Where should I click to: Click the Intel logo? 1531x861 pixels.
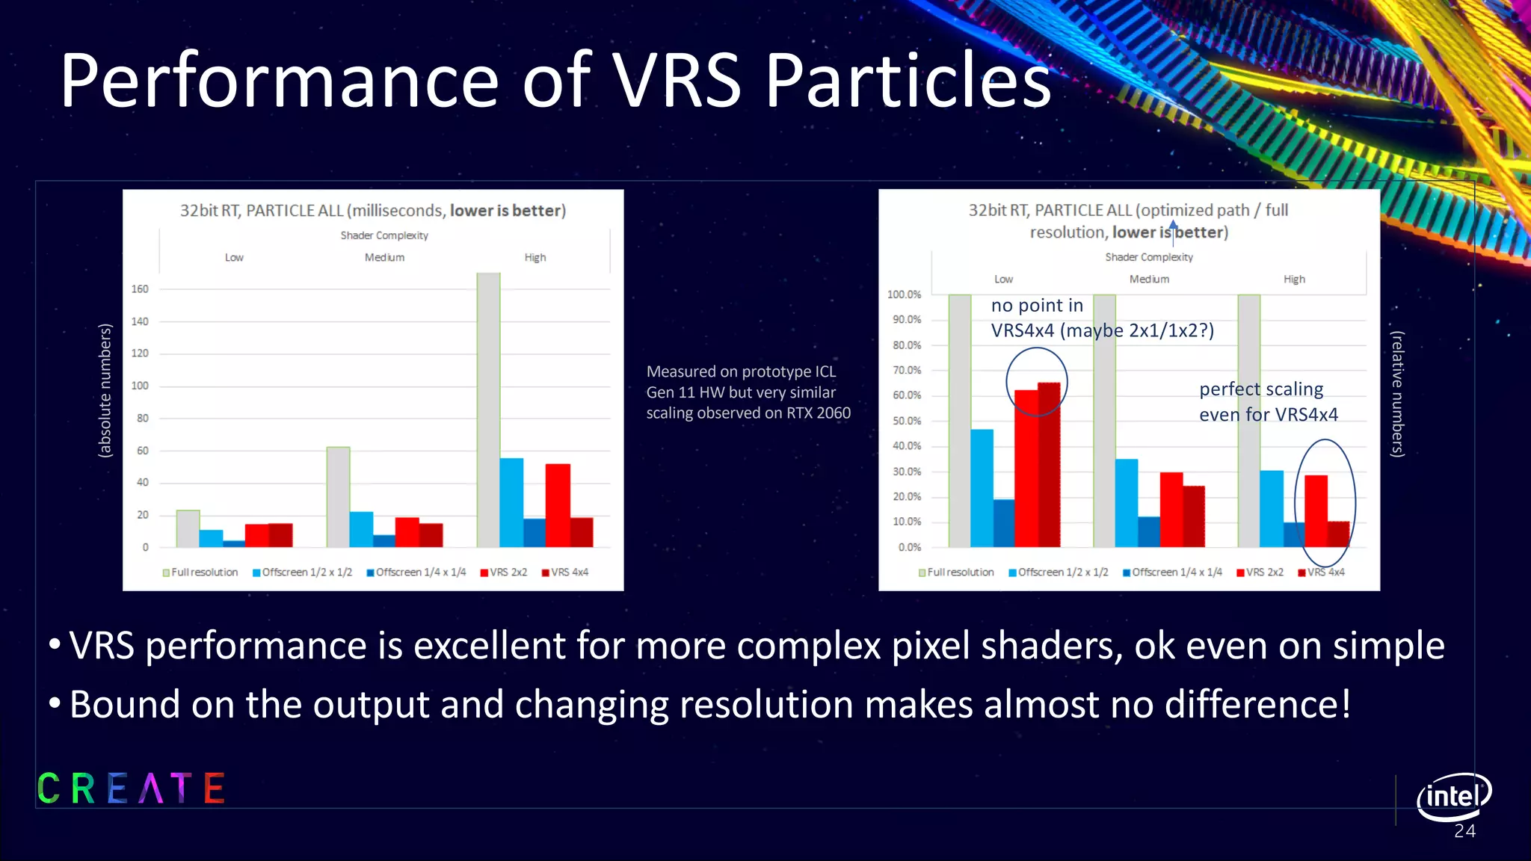click(1453, 796)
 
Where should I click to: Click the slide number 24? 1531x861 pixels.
click(1464, 832)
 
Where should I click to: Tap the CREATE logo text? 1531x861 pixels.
click(131, 789)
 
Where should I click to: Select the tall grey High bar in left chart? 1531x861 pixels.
click(488, 410)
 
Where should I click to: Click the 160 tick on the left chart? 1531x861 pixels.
click(140, 289)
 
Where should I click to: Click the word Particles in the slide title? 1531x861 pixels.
click(908, 81)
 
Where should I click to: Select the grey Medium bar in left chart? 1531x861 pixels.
click(338, 496)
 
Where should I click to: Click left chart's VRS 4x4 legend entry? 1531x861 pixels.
click(565, 573)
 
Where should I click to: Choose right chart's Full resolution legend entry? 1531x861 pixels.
click(956, 573)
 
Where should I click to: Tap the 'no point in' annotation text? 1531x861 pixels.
click(1037, 306)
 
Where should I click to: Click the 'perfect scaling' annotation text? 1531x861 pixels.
click(1261, 389)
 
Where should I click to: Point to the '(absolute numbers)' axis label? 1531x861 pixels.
click(105, 390)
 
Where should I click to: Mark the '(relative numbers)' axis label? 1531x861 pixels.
click(1397, 394)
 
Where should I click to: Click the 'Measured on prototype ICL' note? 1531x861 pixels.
click(741, 371)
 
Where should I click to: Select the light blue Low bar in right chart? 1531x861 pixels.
click(982, 487)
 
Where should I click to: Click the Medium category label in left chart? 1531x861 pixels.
click(384, 257)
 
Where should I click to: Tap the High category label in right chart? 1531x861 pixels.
click(1294, 279)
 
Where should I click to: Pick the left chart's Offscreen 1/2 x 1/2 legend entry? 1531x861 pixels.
click(302, 573)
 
